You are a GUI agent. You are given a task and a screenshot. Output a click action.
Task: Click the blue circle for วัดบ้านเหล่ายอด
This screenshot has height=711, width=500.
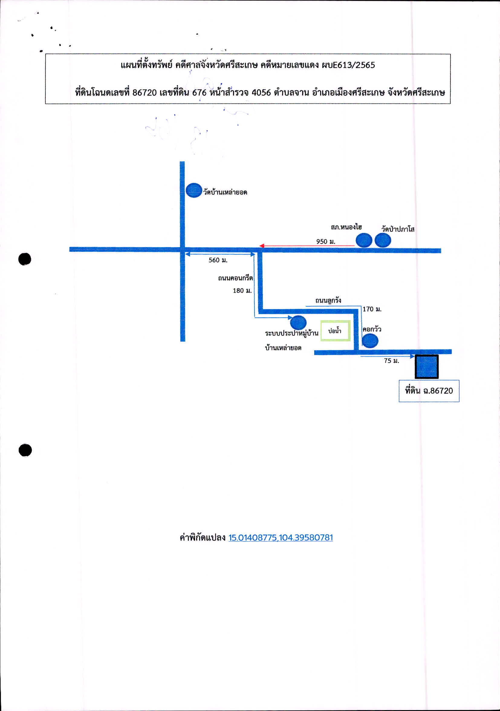point(194,190)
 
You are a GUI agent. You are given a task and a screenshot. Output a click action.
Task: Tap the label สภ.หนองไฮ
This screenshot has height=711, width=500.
point(346,227)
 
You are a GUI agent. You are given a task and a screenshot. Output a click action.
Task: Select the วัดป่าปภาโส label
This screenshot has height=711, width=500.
point(398,229)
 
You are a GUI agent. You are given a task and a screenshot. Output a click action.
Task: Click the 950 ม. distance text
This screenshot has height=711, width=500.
point(326,241)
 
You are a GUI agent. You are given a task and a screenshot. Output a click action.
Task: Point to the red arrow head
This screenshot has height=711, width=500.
point(261,246)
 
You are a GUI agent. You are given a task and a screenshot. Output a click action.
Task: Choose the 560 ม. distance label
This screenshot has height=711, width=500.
point(218,260)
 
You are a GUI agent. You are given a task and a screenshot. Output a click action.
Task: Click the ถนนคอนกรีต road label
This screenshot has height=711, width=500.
point(235,278)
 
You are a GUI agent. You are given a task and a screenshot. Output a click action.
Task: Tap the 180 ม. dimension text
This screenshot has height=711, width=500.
point(242,290)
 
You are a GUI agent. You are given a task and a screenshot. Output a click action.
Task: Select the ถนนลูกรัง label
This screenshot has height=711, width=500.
point(328,300)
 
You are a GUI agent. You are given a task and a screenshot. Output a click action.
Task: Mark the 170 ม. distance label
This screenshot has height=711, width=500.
point(372,309)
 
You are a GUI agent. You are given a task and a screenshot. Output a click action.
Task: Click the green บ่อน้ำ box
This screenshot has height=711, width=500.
point(335,331)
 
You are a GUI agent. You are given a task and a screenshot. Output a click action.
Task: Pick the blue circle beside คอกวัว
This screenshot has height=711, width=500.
point(370,341)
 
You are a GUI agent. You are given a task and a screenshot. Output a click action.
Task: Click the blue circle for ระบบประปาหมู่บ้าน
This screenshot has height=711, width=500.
point(298,322)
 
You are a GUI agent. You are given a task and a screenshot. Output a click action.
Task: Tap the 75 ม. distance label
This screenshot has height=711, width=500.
point(391,360)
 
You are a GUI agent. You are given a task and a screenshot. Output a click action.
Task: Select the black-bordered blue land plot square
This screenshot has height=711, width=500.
point(427,367)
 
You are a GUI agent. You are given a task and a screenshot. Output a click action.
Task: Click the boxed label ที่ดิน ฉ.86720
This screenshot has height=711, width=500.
point(429,391)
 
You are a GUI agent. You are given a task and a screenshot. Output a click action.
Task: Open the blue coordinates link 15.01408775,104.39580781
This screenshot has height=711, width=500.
point(281,538)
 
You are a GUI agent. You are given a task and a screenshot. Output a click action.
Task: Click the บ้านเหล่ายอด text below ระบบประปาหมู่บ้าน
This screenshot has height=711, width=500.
point(283,348)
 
